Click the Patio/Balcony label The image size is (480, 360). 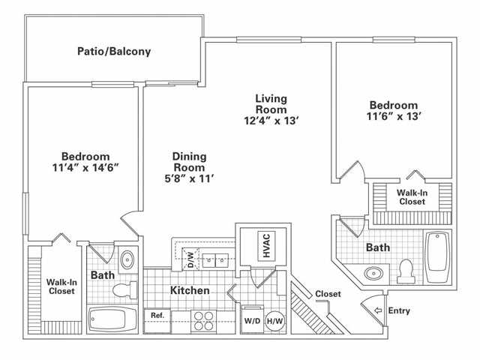tap(114, 52)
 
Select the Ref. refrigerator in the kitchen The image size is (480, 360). tap(157, 316)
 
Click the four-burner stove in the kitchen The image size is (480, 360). tap(203, 320)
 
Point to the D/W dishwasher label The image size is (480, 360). tap(190, 261)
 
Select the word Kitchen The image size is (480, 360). tap(189, 290)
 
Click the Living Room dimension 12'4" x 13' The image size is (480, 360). tap(271, 120)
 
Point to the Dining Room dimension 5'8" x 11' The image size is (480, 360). tap(189, 178)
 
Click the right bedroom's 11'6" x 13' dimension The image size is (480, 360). tap(393, 116)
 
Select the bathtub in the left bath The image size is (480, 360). tap(113, 320)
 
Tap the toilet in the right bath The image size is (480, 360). tap(407, 271)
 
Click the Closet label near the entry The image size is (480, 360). tap(328, 294)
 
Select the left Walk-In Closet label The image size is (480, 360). tap(61, 286)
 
